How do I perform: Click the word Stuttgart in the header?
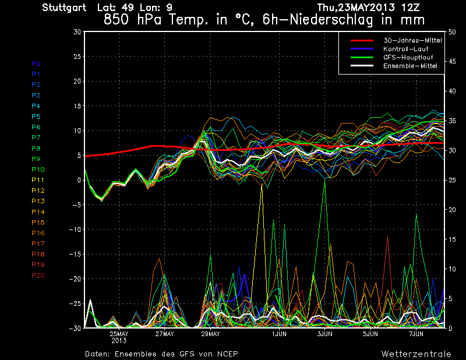coord(64,8)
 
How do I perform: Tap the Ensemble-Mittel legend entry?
coord(409,66)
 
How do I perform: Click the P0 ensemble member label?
coord(36,63)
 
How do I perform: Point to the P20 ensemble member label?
coord(37,276)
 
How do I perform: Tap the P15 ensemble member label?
coord(37,223)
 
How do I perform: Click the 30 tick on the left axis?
coord(77,32)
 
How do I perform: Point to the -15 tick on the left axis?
coord(75,255)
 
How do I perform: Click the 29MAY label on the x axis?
coord(210,334)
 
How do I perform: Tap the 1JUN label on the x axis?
coord(279,334)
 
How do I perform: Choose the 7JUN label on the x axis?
coord(416,334)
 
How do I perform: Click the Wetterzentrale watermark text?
coord(416,354)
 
